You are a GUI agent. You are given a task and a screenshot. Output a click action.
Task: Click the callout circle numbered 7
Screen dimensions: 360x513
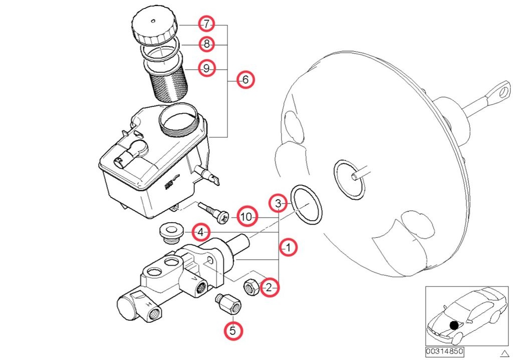point(206,24)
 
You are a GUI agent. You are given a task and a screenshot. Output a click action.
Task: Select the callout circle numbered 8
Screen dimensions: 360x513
point(206,45)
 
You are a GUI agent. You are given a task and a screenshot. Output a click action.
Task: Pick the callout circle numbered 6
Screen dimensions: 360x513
point(245,79)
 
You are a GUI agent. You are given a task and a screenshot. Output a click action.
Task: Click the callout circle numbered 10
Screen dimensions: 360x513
point(246,217)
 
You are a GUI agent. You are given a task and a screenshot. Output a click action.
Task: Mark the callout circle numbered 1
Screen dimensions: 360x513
point(289,247)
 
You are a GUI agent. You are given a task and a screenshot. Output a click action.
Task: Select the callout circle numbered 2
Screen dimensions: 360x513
point(269,287)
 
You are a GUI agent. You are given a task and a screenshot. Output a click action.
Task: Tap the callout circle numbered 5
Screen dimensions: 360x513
point(232,330)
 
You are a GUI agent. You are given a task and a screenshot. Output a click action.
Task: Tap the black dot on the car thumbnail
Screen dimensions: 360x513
point(454,325)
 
